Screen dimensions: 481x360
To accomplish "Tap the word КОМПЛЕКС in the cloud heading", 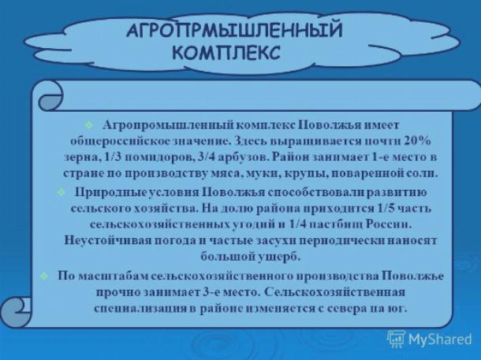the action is (226, 53).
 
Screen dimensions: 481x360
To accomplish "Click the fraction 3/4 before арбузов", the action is (207, 158).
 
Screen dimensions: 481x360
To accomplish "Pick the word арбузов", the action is (244, 158).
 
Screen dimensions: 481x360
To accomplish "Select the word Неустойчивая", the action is (108, 240).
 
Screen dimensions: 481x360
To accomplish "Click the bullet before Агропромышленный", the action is (89, 124).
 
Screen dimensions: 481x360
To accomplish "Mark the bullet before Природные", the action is (62, 192).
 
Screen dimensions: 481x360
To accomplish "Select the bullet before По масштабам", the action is (45, 276).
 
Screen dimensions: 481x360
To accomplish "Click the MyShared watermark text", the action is (440, 340).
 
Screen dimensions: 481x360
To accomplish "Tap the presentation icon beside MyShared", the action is (396, 339).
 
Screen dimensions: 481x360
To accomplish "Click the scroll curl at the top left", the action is (50, 95).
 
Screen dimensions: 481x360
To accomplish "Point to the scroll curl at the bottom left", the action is (16, 312).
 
